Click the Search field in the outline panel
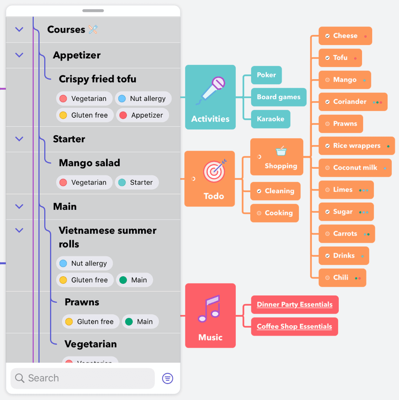[x=83, y=378]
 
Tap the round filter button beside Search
[x=167, y=378]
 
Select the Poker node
[x=266, y=75]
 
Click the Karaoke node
[x=270, y=119]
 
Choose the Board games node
[x=278, y=97]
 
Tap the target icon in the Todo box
[x=214, y=171]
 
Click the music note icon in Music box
[x=209, y=309]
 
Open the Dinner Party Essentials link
[x=295, y=305]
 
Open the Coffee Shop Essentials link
[x=294, y=326]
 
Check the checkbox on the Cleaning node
[x=259, y=191]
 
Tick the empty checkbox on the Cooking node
[x=259, y=213]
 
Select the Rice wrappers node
[x=356, y=146]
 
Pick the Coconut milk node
[x=355, y=168]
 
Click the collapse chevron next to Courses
[x=19, y=29]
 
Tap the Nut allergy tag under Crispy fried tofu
[x=143, y=99]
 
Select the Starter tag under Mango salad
[x=137, y=183]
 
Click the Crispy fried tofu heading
[x=98, y=79]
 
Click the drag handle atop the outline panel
[x=93, y=11]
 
